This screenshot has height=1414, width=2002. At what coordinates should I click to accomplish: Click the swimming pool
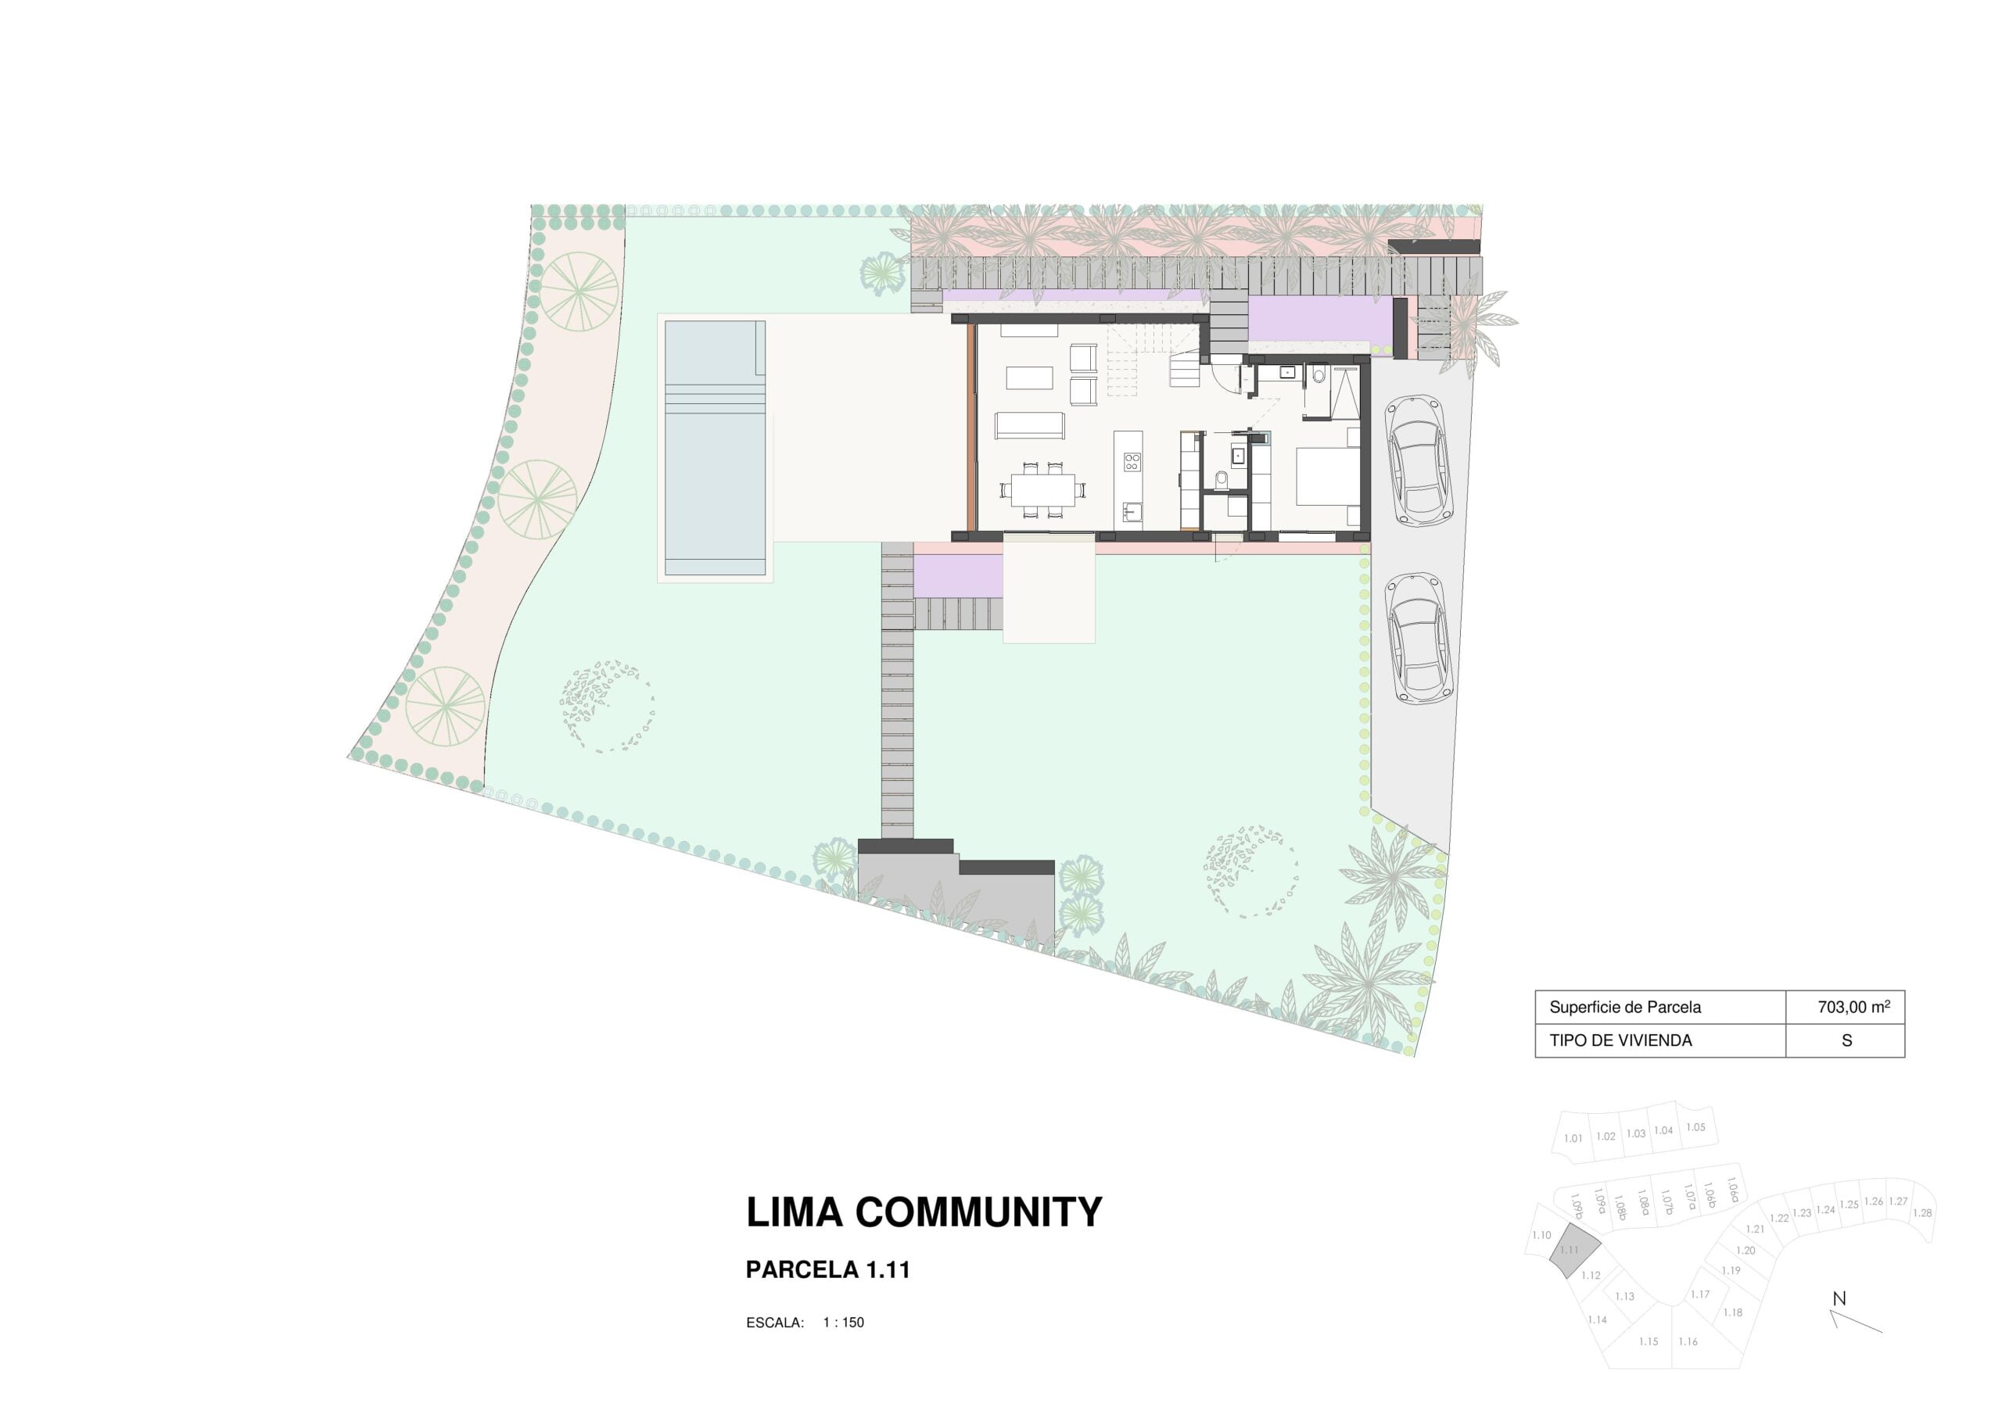point(715,448)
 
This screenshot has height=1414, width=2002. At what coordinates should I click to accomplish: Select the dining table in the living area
point(1043,490)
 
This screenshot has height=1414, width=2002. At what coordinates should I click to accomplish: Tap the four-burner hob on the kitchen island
point(1132,462)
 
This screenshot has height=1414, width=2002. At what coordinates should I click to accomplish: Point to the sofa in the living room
point(1030,425)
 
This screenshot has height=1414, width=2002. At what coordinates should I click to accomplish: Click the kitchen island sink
point(1132,511)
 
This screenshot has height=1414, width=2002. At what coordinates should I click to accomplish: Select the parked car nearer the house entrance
point(1418,460)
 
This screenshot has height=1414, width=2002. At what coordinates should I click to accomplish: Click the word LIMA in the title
point(795,1212)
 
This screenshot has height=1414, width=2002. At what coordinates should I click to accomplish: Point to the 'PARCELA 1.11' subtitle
point(827,1270)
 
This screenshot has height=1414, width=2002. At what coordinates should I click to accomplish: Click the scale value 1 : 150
point(843,1323)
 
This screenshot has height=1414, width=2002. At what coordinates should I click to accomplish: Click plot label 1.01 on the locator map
point(1573,1139)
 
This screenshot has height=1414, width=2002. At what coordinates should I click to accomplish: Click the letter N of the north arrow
point(1839,1299)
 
